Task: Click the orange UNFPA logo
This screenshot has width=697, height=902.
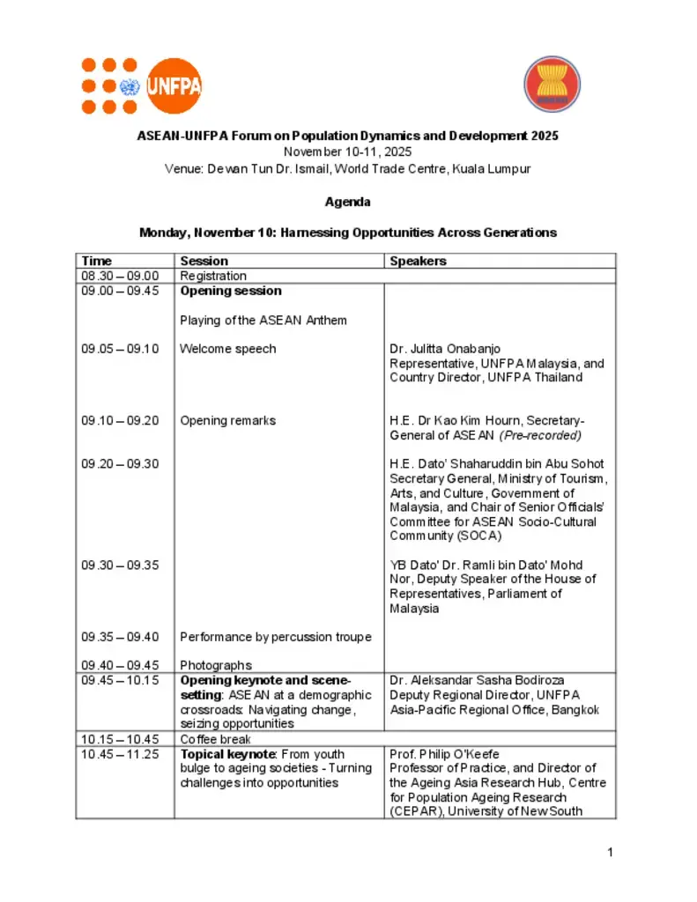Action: pyautogui.click(x=141, y=85)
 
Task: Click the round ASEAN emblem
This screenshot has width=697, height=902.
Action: pyautogui.click(x=552, y=85)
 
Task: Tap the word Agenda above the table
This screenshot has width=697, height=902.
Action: pyautogui.click(x=347, y=202)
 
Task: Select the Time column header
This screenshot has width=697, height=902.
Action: pyautogui.click(x=97, y=261)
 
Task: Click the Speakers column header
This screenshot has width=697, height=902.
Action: pyautogui.click(x=418, y=261)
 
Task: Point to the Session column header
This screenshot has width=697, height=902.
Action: pyautogui.click(x=204, y=261)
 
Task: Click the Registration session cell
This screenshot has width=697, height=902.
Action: pyautogui.click(x=213, y=276)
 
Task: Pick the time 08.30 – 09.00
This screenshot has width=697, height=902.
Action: pyautogui.click(x=121, y=276)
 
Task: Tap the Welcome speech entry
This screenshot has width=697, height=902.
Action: pyautogui.click(x=228, y=349)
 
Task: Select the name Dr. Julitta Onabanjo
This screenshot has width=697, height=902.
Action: pyautogui.click(x=445, y=349)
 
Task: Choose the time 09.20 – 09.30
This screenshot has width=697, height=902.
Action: pyautogui.click(x=121, y=464)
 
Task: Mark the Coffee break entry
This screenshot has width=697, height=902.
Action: pyautogui.click(x=216, y=739)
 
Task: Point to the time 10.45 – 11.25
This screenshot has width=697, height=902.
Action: pyautogui.click(x=121, y=754)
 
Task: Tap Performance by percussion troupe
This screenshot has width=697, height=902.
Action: pyautogui.click(x=276, y=637)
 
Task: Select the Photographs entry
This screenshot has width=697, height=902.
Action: pyautogui.click(x=216, y=665)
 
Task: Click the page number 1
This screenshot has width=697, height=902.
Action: pyautogui.click(x=610, y=852)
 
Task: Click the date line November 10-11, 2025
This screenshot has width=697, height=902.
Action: pyautogui.click(x=347, y=152)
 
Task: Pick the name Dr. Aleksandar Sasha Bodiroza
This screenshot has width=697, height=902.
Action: pyautogui.click(x=477, y=680)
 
